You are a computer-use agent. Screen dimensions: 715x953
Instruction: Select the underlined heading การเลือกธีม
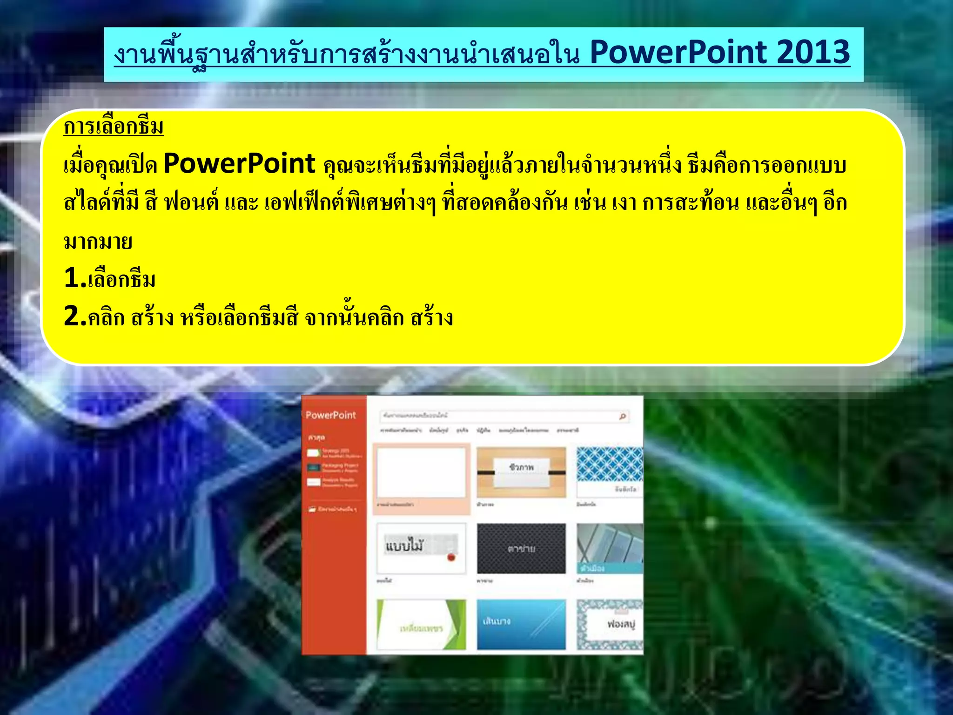114,127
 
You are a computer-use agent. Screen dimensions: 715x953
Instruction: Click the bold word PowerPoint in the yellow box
240,164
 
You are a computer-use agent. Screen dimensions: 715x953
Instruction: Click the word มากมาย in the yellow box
98,242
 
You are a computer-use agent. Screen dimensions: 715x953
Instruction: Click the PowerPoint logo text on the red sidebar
330,415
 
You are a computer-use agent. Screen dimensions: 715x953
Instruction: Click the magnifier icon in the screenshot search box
623,416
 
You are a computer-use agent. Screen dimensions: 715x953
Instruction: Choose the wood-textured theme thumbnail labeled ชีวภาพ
521,472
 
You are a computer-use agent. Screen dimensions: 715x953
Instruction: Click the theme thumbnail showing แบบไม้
421,548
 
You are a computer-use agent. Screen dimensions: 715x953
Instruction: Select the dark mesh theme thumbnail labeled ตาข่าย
521,548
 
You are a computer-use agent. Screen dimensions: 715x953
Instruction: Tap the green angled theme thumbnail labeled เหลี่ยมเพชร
421,625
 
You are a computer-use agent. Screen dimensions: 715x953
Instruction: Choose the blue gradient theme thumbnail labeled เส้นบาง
521,625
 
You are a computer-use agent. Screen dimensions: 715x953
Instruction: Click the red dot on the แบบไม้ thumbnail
451,557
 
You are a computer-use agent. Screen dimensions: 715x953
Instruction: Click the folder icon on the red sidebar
312,509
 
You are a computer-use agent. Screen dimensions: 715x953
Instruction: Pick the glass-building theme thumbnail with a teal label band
610,548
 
